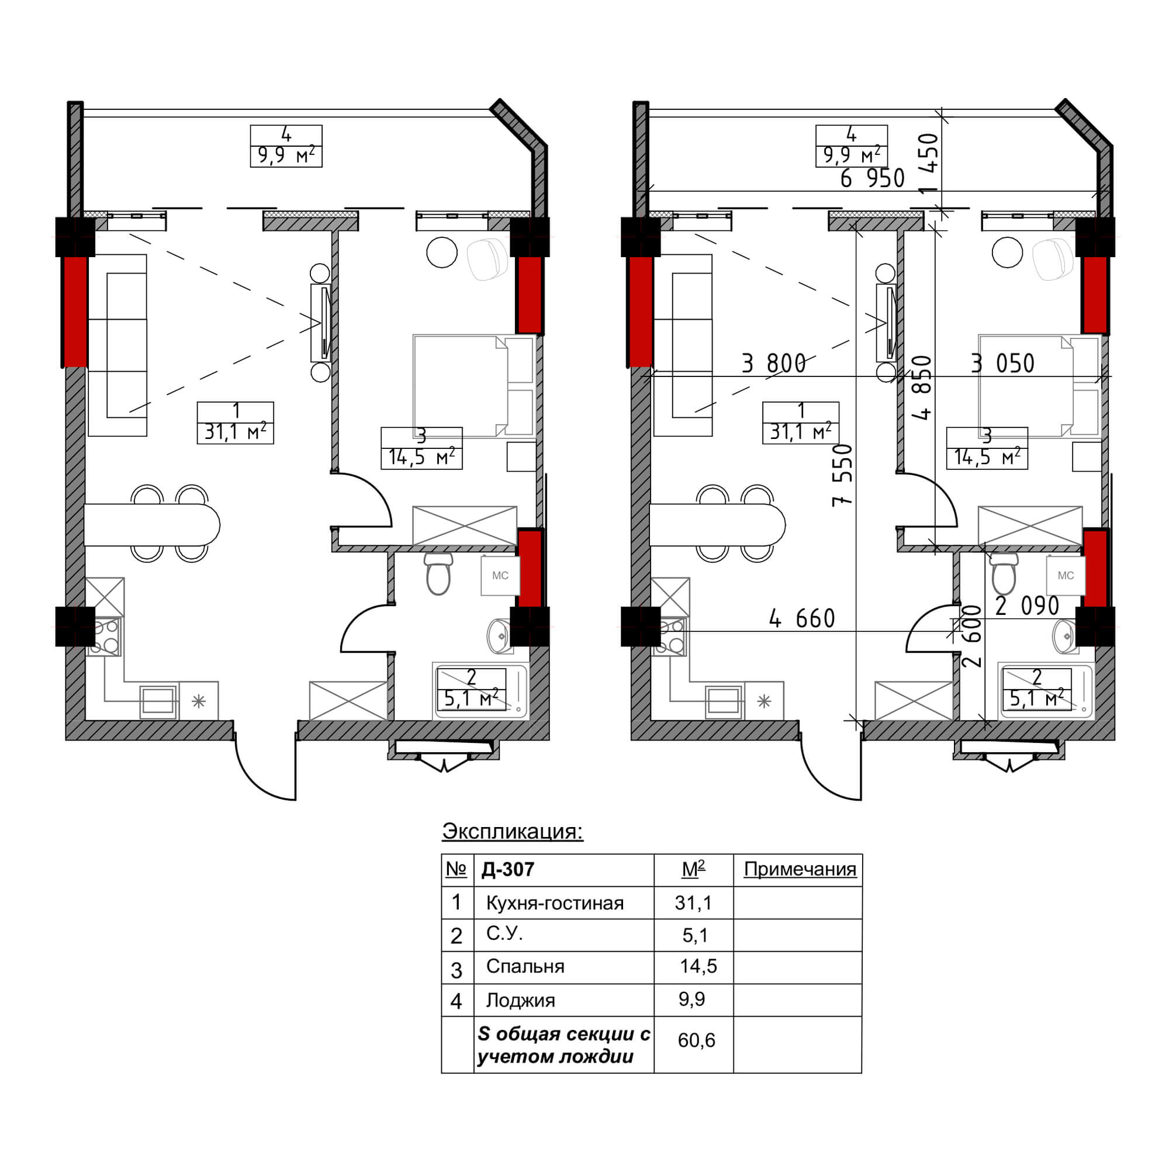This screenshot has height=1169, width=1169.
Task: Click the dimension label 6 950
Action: [873, 178]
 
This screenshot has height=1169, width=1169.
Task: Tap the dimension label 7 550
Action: [842, 476]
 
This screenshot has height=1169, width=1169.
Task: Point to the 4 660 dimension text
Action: [802, 618]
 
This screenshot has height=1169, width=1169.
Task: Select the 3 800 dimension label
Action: [774, 364]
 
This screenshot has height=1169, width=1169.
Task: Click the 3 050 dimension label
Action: [1002, 364]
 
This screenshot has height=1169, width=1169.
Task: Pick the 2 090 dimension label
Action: [1027, 606]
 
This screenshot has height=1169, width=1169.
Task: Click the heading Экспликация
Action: [513, 831]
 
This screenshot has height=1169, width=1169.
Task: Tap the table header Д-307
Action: [509, 870]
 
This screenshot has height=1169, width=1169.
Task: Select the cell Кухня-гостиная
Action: [555, 904]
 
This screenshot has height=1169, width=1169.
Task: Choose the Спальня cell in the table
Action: [525, 966]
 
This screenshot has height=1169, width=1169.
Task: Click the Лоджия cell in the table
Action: [520, 1000]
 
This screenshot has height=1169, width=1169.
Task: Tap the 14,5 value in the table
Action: [698, 966]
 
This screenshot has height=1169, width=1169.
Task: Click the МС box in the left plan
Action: [500, 575]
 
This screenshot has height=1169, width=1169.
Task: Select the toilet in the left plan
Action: [438, 573]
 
